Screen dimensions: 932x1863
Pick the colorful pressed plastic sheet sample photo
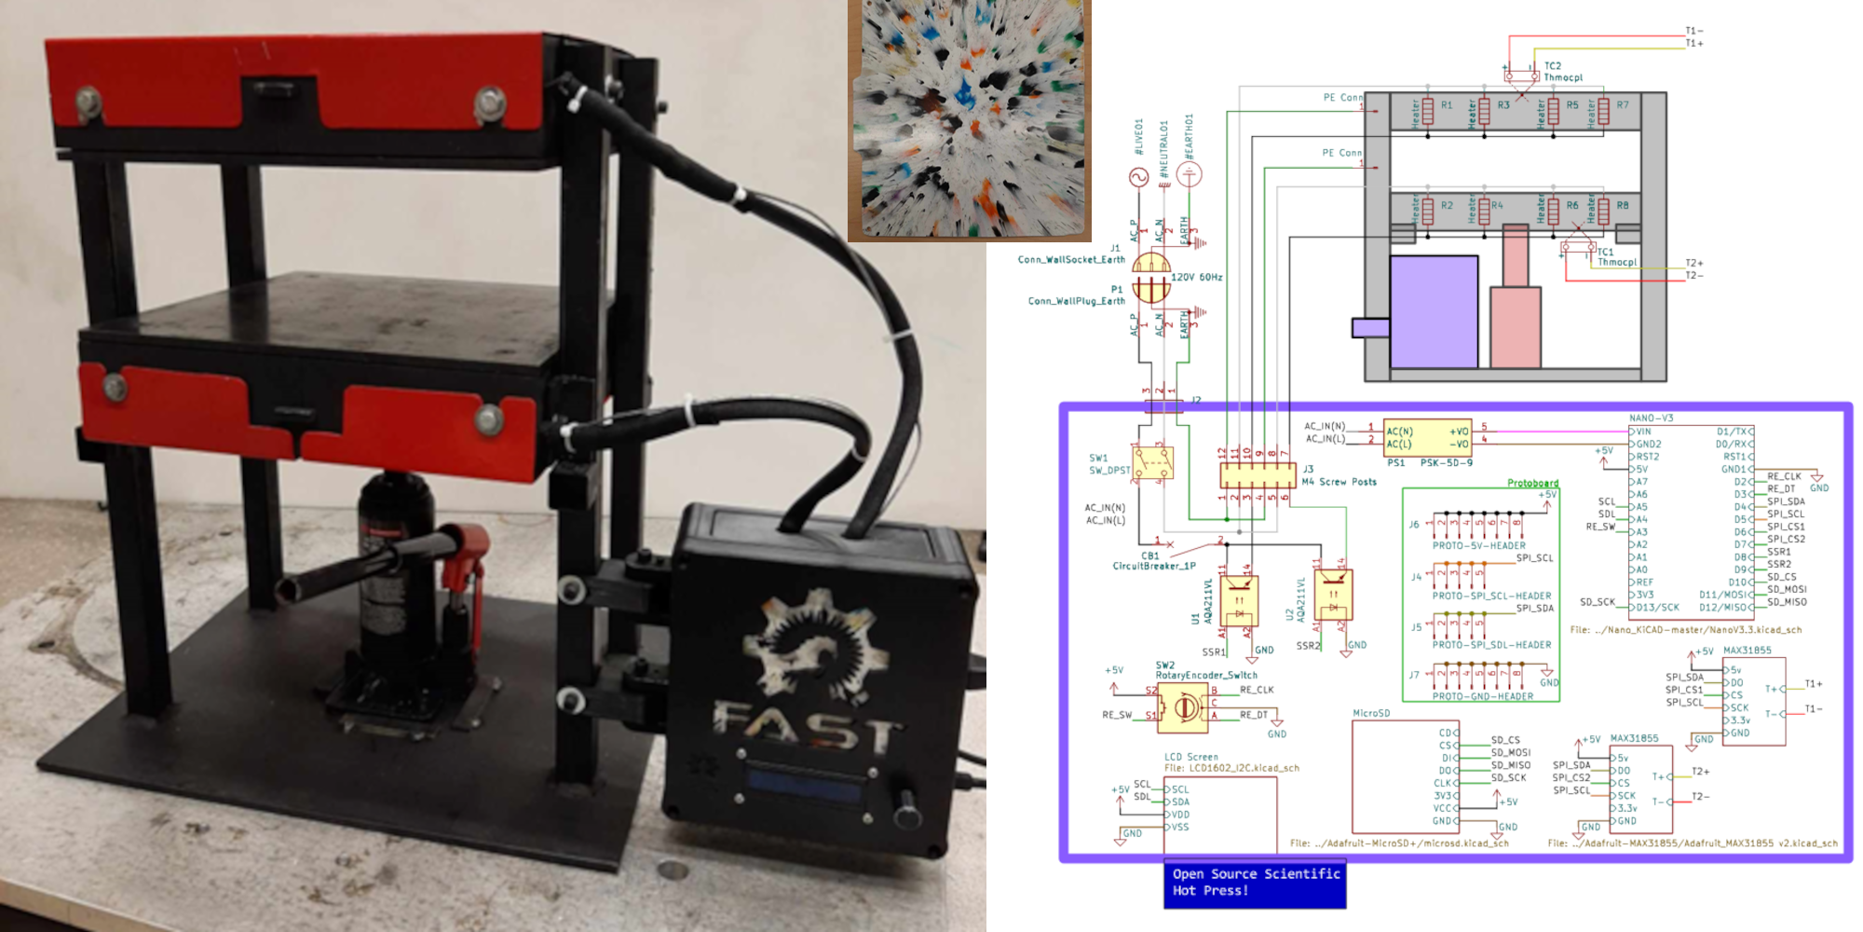(969, 119)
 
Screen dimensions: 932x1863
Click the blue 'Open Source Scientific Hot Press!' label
(1255, 883)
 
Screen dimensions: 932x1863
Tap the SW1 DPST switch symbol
(1152, 463)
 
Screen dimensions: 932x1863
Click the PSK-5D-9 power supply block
(1427, 438)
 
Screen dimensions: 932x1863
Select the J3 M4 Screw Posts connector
(1258, 476)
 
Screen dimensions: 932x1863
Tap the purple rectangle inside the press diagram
(1434, 311)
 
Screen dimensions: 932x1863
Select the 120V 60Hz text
(1196, 278)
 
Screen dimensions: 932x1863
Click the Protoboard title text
(1532, 483)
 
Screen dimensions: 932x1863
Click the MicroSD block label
(1371, 713)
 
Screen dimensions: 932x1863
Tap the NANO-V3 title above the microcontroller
(1651, 418)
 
